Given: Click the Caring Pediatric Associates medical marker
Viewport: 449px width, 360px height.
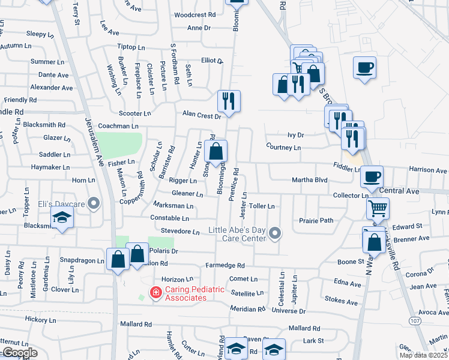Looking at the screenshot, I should point(155,293).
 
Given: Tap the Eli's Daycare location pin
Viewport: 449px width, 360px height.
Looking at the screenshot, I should point(93,204).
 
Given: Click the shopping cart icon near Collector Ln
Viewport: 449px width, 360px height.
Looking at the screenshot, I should point(378,209).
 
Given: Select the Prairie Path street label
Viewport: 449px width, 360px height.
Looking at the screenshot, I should point(316,221).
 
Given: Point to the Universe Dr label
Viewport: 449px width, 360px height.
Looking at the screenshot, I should point(289,311).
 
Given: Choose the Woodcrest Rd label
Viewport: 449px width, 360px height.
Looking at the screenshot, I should point(194,14).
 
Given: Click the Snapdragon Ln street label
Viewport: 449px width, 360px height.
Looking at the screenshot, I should point(82,260).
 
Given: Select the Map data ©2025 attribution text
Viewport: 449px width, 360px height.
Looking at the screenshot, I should point(424,355).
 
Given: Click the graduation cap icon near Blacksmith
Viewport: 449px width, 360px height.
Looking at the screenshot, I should point(61,219).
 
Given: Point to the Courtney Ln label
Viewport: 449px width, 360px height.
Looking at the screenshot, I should point(283,147).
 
